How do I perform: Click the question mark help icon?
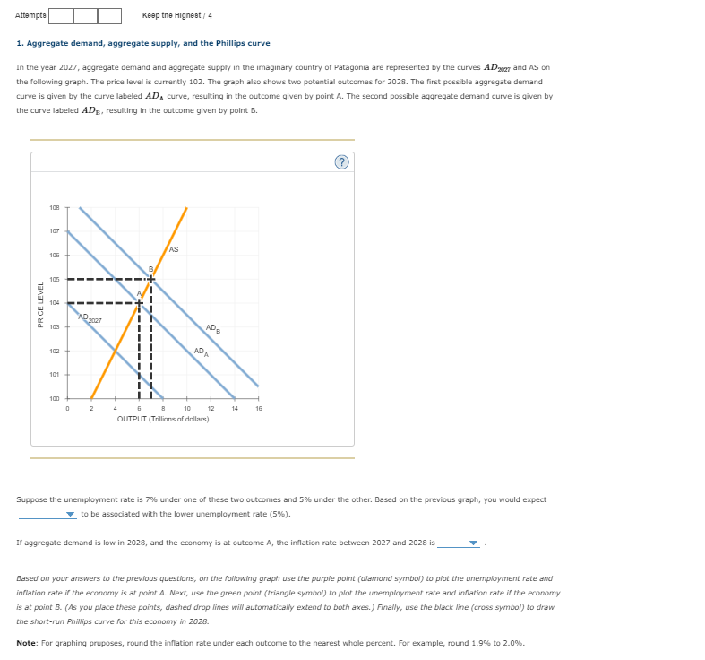coord(340,162)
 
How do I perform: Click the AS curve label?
coord(173,249)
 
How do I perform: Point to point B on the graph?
coord(150,270)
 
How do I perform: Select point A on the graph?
coord(139,294)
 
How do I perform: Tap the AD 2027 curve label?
coord(90,318)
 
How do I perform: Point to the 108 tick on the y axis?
coord(55,208)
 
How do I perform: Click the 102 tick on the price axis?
coord(55,351)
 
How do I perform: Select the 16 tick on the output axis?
coord(258,409)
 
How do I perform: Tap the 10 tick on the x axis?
coord(186,409)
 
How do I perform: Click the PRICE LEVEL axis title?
coord(40,304)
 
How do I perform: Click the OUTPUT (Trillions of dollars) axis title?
coord(163,419)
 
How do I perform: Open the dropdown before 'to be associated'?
coord(47,515)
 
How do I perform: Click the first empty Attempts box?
coord(61,15)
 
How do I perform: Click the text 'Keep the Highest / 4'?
coord(176,15)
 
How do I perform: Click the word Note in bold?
coord(28,643)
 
